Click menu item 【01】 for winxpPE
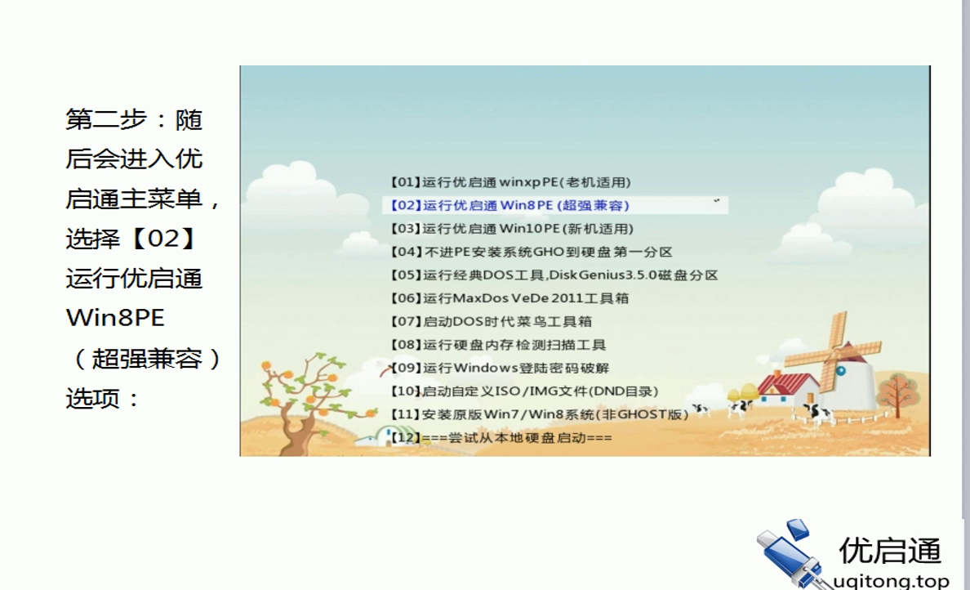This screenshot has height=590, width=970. pyautogui.click(x=510, y=182)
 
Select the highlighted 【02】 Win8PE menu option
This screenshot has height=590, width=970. pyautogui.click(x=510, y=205)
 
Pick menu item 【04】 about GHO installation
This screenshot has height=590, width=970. pyautogui.click(x=532, y=253)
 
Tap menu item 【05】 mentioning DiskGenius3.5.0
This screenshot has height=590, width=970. pyautogui.click(x=554, y=275)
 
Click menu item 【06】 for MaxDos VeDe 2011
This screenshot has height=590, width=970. pyautogui.click(x=509, y=298)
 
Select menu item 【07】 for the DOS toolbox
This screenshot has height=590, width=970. pyautogui.click(x=492, y=322)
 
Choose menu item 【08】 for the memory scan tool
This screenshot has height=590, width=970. pyautogui.click(x=498, y=345)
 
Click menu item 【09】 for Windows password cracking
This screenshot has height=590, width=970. pyautogui.click(x=500, y=369)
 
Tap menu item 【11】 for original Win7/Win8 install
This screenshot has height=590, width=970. pyautogui.click(x=539, y=414)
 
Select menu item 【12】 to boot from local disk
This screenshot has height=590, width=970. pyautogui.click(x=501, y=438)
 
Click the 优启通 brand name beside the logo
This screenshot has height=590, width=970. pyautogui.click(x=890, y=551)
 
